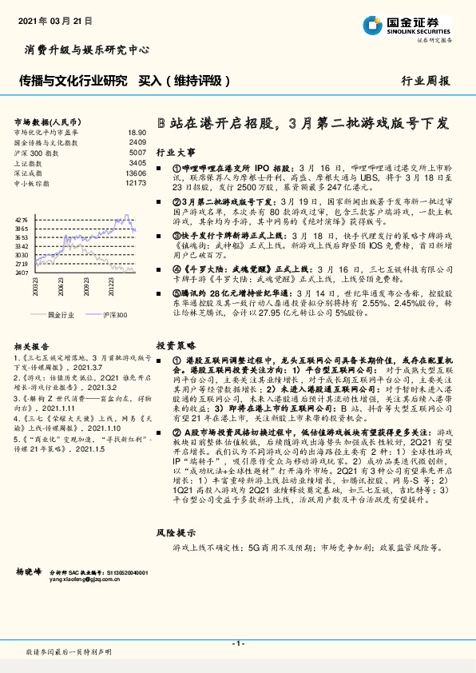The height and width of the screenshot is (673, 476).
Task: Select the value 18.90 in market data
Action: click(x=137, y=132)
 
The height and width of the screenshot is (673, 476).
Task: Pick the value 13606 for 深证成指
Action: click(x=136, y=173)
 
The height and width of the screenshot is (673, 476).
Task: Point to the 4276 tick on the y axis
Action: click(x=22, y=218)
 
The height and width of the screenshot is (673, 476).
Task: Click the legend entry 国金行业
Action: click(x=59, y=315)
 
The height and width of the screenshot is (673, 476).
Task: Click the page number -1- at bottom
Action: click(x=237, y=643)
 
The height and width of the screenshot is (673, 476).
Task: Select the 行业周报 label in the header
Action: click(x=425, y=81)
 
